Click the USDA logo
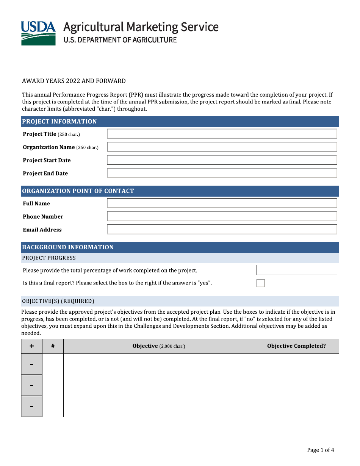(38, 33)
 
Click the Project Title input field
(222, 134)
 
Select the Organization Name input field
(222, 147)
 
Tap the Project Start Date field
(222, 160)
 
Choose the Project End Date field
(222, 173)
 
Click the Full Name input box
(222, 203)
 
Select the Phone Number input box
(222, 216)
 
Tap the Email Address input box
(222, 229)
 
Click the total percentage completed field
(296, 270)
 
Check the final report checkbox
(261, 283)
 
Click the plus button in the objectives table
(31, 346)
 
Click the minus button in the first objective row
(31, 364)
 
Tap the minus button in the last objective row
(31, 407)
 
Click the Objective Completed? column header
(296, 346)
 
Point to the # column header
(53, 346)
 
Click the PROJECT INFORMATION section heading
(59, 122)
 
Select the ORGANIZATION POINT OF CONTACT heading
(78, 191)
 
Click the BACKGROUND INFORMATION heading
(68, 247)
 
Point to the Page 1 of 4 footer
(320, 450)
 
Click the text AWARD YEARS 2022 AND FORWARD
(74, 81)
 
